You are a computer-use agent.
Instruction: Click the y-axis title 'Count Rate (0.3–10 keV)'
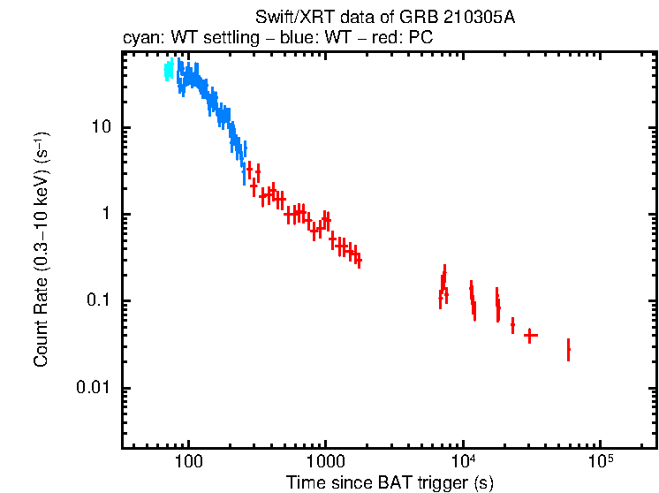(x=41, y=250)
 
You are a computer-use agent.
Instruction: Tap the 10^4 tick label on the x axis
(x=462, y=460)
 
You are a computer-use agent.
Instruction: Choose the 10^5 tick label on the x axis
(x=600, y=460)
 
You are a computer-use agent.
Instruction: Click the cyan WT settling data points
(x=168, y=71)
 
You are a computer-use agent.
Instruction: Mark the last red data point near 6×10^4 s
(x=568, y=350)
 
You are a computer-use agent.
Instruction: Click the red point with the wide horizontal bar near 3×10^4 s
(x=530, y=336)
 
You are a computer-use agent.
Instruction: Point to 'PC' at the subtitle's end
(x=420, y=37)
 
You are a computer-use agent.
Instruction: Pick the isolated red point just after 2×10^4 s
(x=512, y=326)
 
